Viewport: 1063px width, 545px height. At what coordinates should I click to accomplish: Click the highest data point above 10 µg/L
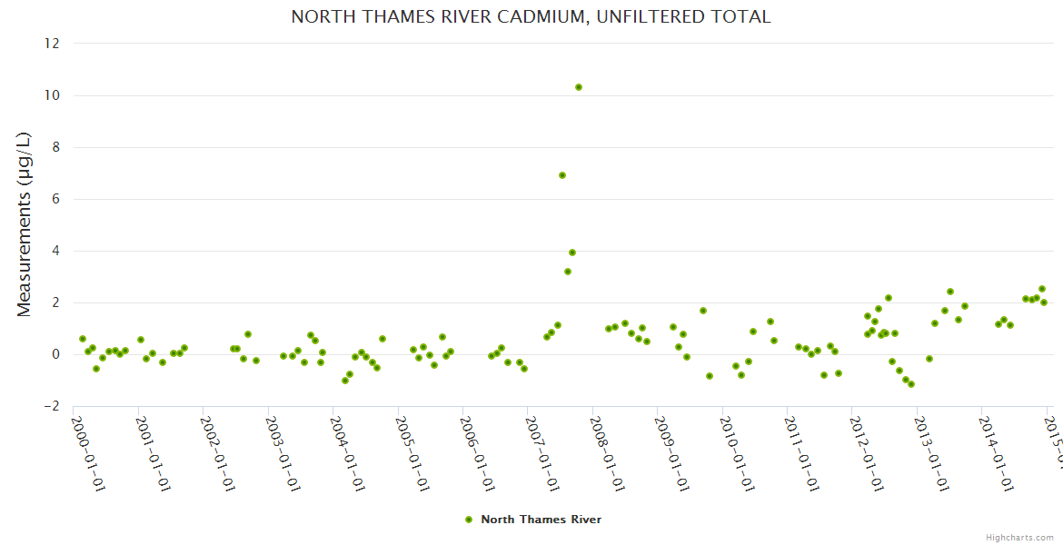579,87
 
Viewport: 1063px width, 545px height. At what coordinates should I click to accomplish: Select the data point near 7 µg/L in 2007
562,175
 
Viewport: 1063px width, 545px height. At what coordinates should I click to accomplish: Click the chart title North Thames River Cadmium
531,17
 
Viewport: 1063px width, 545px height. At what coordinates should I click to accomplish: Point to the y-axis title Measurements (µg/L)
25,224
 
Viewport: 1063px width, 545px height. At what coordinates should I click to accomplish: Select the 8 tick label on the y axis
55,147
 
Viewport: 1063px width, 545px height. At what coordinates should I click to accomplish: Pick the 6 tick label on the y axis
55,199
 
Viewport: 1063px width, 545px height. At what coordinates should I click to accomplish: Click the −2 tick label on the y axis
52,406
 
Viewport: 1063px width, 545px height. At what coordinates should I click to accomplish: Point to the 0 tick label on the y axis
55,354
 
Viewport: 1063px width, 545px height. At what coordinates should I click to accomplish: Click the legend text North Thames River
541,520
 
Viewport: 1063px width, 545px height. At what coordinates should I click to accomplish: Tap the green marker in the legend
469,520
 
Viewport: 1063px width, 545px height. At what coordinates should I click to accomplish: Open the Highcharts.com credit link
1019,538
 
